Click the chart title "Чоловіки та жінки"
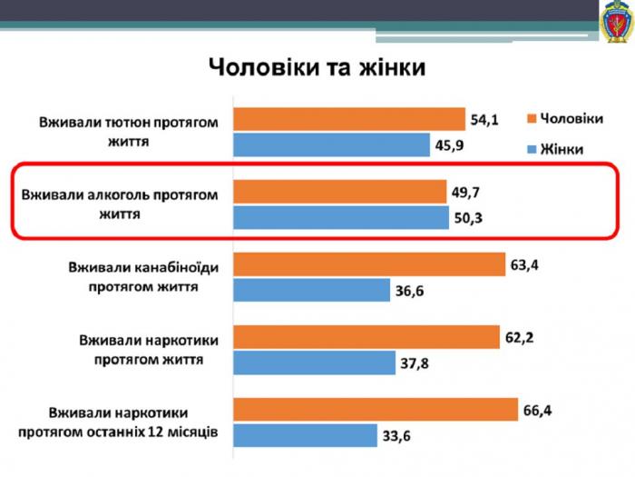coord(317,68)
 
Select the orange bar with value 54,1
coord(349,119)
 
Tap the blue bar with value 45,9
coord(332,144)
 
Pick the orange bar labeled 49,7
coord(340,192)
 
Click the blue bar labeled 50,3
coord(341,217)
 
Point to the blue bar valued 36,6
coord(312,290)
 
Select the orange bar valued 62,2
coord(366,337)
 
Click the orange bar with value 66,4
coord(376,411)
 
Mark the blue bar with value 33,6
coord(306,436)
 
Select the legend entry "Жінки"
coord(554,149)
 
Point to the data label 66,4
coord(538,411)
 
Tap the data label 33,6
coord(396,437)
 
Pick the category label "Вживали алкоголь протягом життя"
coord(120,204)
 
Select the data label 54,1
coord(484,119)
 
